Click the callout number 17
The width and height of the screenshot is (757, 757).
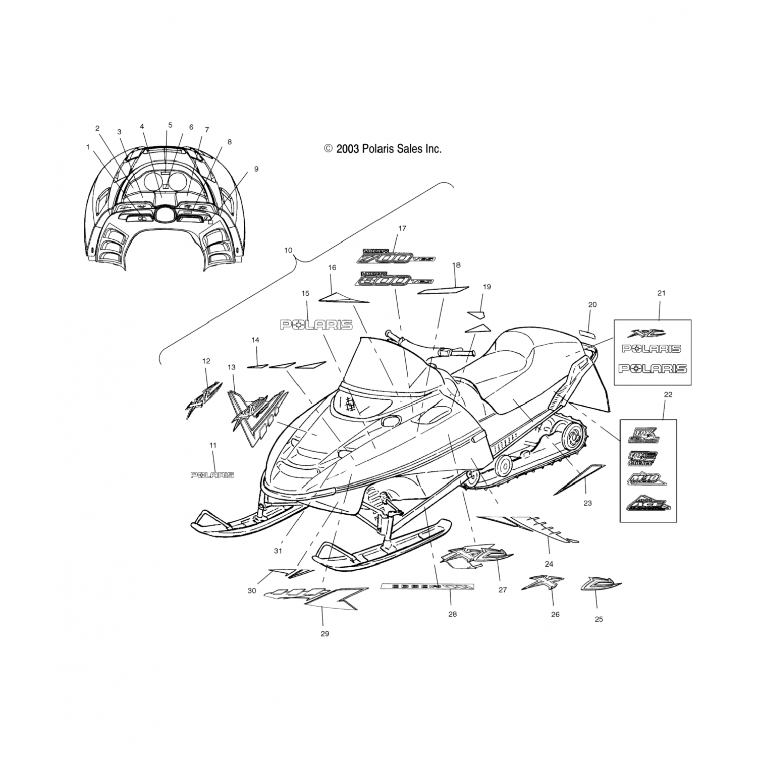(402, 229)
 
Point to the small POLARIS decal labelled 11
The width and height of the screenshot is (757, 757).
(212, 475)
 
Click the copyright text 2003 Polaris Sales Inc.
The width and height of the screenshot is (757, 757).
(383, 149)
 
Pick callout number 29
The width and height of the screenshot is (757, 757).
(325, 633)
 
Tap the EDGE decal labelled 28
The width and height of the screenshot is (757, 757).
(427, 586)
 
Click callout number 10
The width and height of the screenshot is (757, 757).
(288, 250)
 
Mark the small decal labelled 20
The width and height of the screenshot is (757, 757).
(586, 334)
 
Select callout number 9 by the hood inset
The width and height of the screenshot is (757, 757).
(256, 169)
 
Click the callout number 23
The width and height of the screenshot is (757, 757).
(587, 503)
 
